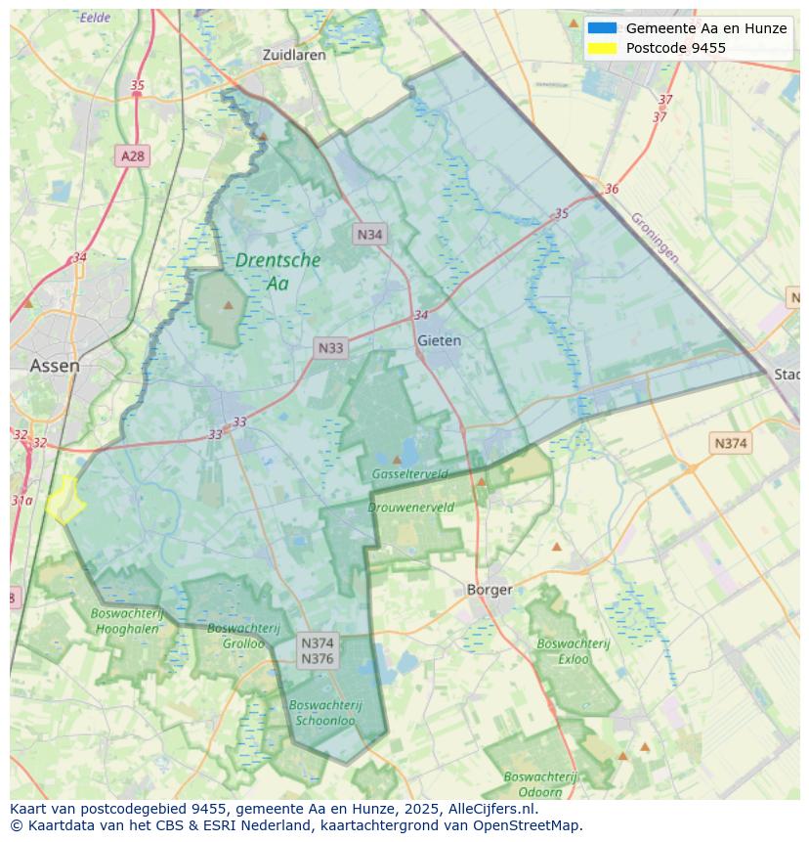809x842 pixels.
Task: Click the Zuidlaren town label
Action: click(x=294, y=56)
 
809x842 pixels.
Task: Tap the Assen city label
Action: click(x=55, y=366)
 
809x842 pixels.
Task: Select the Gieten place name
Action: click(x=439, y=341)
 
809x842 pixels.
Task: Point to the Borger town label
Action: click(x=490, y=590)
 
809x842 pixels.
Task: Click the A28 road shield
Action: click(x=133, y=155)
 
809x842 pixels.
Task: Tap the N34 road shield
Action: click(x=369, y=234)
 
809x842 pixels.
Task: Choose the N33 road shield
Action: click(x=330, y=348)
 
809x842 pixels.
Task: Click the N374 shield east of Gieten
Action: click(x=730, y=443)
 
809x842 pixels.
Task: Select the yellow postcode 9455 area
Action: click(x=64, y=500)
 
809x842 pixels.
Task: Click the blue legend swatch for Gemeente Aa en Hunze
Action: click(x=602, y=28)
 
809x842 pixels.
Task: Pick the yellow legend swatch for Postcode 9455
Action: click(x=602, y=48)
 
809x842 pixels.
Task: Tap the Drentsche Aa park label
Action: click(x=277, y=272)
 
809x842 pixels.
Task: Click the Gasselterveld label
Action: click(x=409, y=474)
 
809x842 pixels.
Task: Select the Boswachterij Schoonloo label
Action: click(x=325, y=713)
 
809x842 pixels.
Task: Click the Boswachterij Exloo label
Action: click(x=574, y=651)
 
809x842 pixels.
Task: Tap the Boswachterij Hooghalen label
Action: click(x=124, y=621)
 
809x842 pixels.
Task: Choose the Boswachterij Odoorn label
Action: click(x=540, y=784)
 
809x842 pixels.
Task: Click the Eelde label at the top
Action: click(x=95, y=18)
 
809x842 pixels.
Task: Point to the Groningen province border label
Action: click(x=654, y=238)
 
